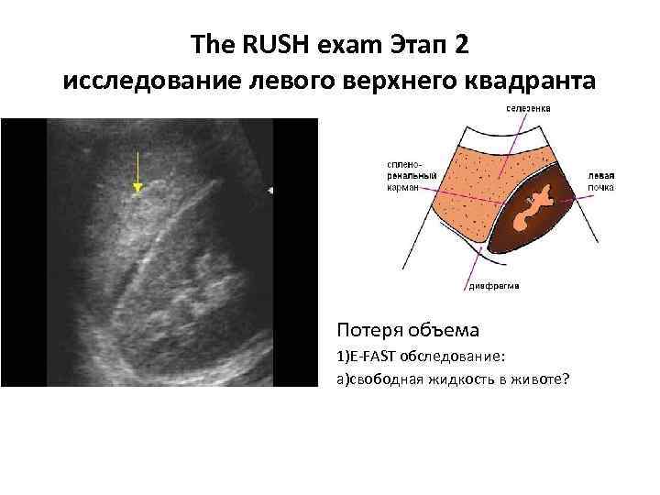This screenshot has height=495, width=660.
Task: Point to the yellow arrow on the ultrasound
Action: pyautogui.click(x=137, y=173)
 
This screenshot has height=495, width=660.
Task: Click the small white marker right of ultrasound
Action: pyautogui.click(x=270, y=190)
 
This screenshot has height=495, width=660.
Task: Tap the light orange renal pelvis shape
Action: pyautogui.click(x=533, y=208)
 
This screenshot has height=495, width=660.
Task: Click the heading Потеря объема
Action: pyautogui.click(x=394, y=328)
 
